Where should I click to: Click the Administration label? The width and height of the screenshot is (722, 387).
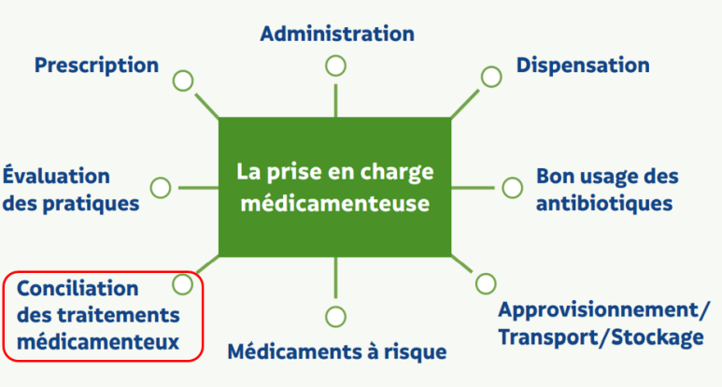pos(336,34)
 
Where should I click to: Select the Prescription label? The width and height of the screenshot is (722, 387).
pos(96,65)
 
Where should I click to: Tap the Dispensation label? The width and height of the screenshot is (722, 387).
pos(583,65)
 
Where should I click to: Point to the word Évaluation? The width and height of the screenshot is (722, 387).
pos(56,176)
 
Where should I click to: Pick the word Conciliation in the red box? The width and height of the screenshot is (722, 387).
pos(78,288)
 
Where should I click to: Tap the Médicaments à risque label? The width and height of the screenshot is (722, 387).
pos(337,351)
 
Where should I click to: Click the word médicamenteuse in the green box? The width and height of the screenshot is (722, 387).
pos(335,202)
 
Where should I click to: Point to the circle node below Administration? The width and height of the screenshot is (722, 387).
pos(335,65)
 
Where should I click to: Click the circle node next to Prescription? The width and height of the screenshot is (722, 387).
pos(183,80)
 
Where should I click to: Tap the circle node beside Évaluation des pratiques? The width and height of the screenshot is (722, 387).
pos(160,187)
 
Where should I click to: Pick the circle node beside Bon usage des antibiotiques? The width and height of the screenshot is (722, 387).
pos(511,187)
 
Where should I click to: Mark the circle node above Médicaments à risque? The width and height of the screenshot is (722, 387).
pos(335,314)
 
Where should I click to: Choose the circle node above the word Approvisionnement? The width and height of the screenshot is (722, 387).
pos(486,282)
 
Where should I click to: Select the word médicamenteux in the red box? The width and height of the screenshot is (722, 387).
pos(98,342)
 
